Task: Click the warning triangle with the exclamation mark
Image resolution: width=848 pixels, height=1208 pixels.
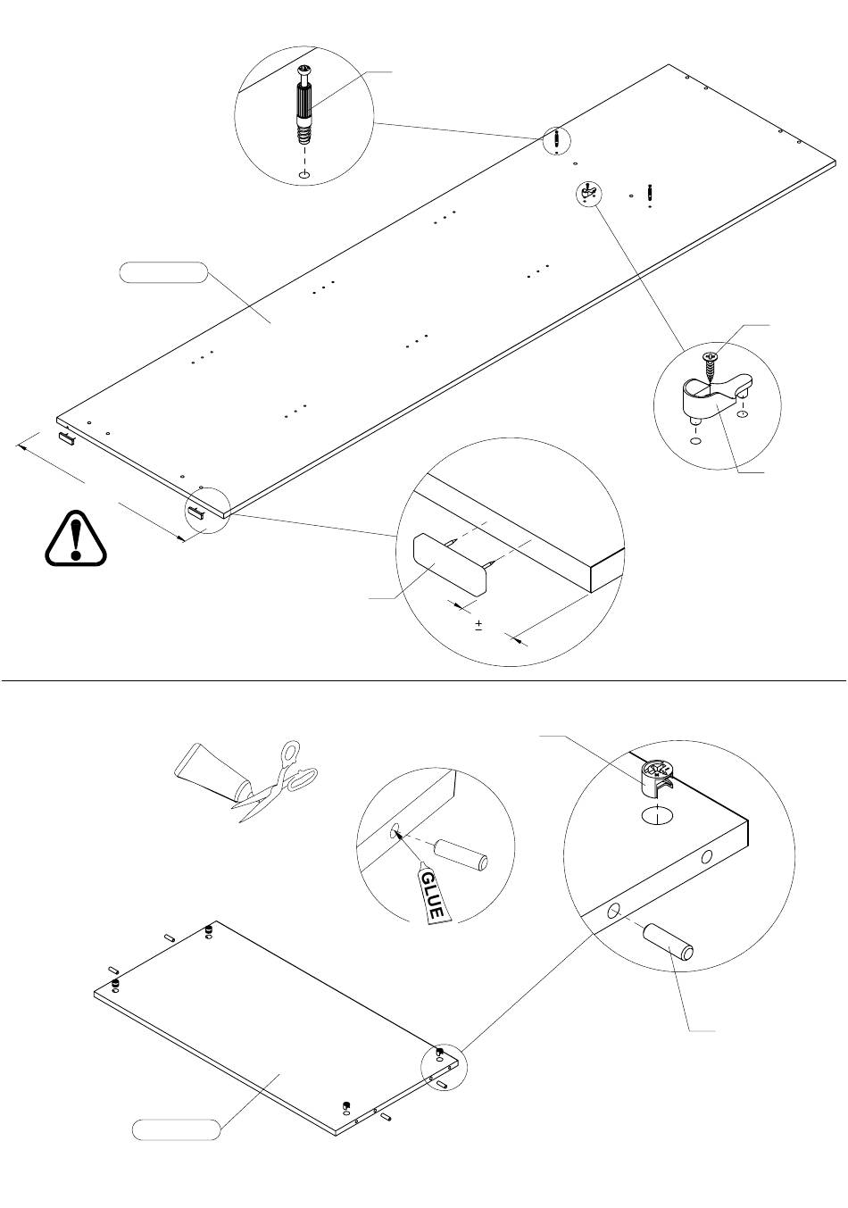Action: (76, 538)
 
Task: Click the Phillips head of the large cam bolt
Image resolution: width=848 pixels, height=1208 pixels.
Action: (304, 70)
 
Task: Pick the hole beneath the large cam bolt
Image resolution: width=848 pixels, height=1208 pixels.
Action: (304, 173)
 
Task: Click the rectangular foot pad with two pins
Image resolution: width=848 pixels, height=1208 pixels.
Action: (451, 564)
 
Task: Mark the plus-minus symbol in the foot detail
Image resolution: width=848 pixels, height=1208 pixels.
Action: (478, 625)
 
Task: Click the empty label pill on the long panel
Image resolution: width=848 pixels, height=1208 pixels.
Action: (162, 271)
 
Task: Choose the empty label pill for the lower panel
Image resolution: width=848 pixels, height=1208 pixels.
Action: (176, 1129)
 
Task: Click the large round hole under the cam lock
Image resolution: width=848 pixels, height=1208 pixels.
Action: (657, 815)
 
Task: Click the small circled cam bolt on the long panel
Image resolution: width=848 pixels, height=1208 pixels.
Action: (556, 140)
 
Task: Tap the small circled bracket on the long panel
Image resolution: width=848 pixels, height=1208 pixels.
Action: (588, 191)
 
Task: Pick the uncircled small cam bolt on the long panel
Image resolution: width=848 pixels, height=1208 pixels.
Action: (650, 193)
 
